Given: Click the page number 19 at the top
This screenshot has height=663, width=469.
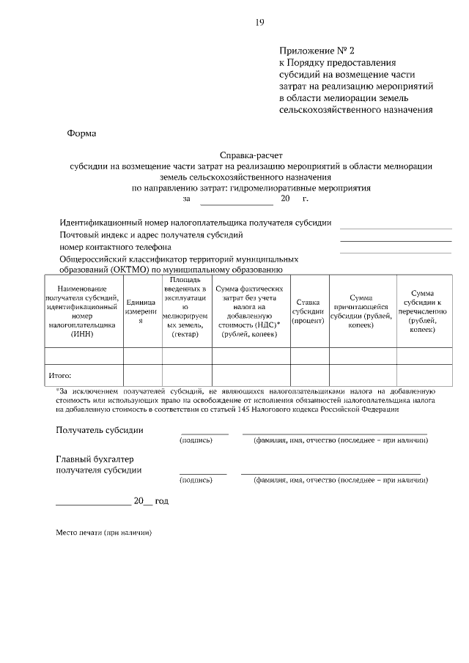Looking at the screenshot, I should click(x=259, y=23).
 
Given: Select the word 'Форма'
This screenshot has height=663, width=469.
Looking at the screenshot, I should click(x=81, y=133).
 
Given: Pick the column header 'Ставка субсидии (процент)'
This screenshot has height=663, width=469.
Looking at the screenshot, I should click(x=308, y=311).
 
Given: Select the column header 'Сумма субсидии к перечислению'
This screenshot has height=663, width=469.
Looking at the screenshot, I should click(x=423, y=311).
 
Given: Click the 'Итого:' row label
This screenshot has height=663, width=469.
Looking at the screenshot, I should click(x=59, y=374).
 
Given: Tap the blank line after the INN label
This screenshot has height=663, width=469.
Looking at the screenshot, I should click(x=396, y=228).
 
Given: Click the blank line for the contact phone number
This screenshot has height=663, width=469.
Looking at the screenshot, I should click(x=396, y=251).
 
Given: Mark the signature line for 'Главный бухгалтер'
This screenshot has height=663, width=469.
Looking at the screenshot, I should click(x=203, y=473).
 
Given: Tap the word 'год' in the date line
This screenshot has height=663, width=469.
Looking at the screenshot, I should click(x=162, y=501).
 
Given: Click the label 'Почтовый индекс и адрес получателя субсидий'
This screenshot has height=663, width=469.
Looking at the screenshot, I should click(x=152, y=235).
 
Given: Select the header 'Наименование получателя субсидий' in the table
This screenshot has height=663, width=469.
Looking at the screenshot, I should click(x=81, y=311).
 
